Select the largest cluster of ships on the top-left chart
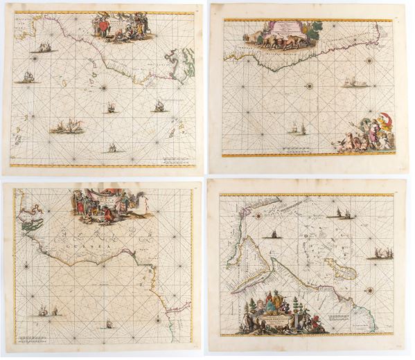coord(67,127)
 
